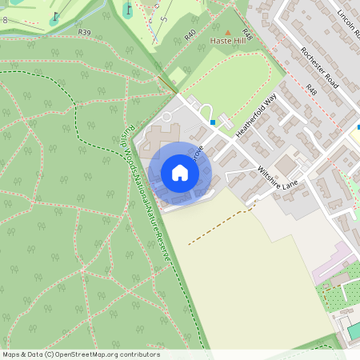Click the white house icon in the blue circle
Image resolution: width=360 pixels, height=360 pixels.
pos(180,173)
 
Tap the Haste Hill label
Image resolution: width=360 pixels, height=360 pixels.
pos(226,39)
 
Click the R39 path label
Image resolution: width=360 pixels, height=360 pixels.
pos(85,31)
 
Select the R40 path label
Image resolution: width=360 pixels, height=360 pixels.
pos(190,35)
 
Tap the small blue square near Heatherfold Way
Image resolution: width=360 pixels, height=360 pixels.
pos(213,122)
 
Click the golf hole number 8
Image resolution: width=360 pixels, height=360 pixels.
pos(5,19)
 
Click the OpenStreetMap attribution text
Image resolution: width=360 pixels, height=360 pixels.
pos(81,354)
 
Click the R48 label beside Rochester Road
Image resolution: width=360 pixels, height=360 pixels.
pos(311,92)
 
